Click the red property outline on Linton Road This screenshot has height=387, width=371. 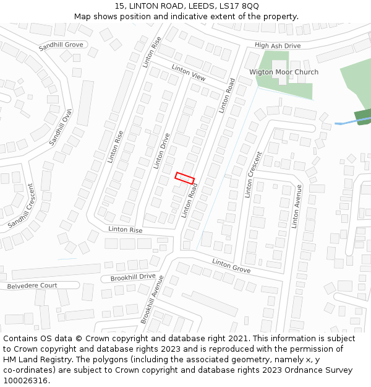[185, 177]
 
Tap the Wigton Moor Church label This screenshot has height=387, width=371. [284, 72]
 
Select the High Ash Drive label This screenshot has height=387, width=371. [278, 46]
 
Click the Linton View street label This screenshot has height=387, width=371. [189, 73]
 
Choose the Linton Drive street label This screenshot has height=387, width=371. [161, 151]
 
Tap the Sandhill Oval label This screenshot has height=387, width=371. [61, 127]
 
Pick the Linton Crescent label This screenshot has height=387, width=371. [254, 175]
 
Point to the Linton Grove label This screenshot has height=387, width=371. [231, 266]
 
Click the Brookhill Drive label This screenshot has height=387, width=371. [133, 277]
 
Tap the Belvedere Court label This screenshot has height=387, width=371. [32, 286]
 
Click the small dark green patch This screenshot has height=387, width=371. [363, 116]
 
